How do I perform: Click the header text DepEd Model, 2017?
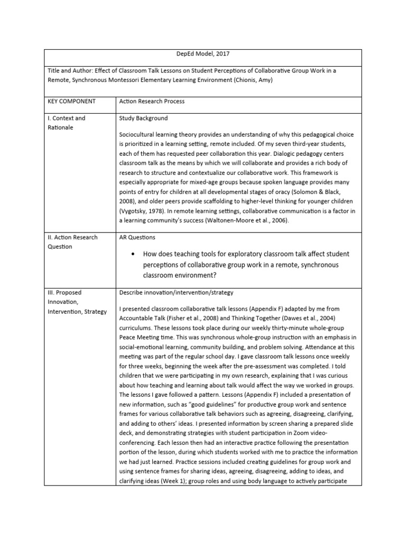click(202, 53)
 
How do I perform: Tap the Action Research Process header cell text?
click(152, 101)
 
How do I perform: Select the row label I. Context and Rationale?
click(66, 123)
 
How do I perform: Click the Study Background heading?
click(144, 118)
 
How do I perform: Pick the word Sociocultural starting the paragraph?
click(140, 135)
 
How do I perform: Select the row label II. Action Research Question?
click(71, 242)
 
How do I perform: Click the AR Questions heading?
click(137, 238)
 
